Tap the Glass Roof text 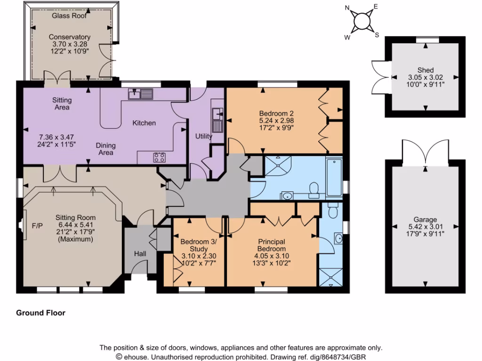pos(70,15)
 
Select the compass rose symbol pos(361,20)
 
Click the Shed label pos(425,70)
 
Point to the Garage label pos(425,220)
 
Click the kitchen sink pos(141,94)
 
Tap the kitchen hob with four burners pos(159,157)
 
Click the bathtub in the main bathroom pos(334,178)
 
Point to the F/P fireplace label pos(37,226)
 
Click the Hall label pos(140,253)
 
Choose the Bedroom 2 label pos(276,113)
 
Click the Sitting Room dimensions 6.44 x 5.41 pos(75,225)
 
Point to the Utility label pos(204,136)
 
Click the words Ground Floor pos(41,313)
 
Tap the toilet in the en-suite pos(333,213)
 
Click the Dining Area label pos(106,149)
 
